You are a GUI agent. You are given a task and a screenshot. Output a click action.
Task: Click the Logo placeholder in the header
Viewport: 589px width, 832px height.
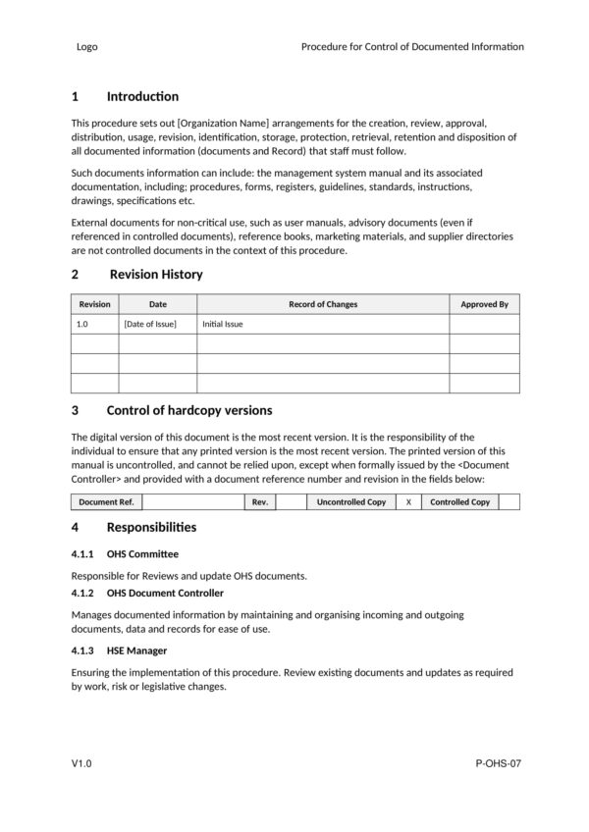coord(86,46)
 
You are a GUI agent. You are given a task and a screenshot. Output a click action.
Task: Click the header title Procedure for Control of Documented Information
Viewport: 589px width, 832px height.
coord(412,46)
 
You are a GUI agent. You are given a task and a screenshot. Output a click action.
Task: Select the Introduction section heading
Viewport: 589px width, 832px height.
coord(142,96)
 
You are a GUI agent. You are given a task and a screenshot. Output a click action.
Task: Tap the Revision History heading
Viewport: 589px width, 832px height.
coord(156,274)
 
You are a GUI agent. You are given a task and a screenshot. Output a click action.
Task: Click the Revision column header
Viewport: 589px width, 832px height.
coord(95,304)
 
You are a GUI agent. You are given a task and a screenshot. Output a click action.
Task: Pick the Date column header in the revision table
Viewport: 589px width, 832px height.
coord(157,304)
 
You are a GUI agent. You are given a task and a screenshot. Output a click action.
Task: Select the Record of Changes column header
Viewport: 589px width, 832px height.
coord(323,304)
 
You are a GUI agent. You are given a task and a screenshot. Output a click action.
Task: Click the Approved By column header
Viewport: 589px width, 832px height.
coord(484,304)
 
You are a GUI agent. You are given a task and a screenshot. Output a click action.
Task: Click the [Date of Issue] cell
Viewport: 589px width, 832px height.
coord(150,324)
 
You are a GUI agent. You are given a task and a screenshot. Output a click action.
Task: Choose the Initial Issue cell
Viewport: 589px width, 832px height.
coord(223,324)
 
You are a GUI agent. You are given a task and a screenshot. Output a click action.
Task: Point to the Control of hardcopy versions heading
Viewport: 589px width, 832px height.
coord(188,410)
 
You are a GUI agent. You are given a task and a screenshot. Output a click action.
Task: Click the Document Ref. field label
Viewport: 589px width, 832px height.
coord(107,501)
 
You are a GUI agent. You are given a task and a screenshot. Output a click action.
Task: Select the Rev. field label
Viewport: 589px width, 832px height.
coord(259,501)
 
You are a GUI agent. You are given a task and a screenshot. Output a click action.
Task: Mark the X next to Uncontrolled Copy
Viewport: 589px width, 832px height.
coord(408,501)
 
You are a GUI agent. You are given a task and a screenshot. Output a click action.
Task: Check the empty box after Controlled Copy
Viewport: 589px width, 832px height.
coord(509,501)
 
